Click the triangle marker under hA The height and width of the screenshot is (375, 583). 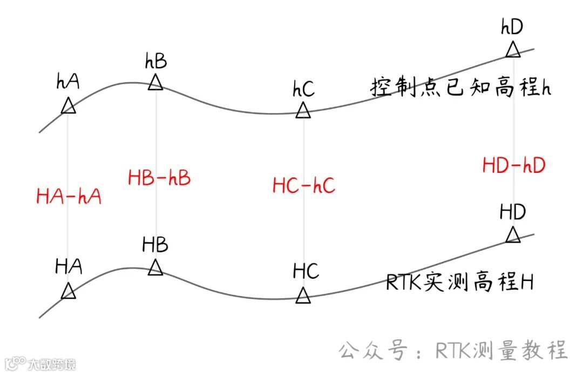point(69,106)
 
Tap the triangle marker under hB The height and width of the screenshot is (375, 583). point(155,83)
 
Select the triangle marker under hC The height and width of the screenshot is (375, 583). point(303,111)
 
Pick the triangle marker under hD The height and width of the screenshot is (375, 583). point(513,50)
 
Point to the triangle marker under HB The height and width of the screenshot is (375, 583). point(155,267)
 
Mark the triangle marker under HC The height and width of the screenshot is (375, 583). point(303,296)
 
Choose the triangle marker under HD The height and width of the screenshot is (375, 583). point(513,236)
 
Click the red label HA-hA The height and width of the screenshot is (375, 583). point(69,196)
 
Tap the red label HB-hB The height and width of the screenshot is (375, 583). point(159,178)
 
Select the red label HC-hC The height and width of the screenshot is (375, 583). point(304,186)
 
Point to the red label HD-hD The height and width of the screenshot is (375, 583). point(514,165)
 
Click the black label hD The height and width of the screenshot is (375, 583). point(512,26)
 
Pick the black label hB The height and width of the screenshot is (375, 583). point(155,61)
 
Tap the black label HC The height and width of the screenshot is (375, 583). point(306,271)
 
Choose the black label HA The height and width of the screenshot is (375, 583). point(69,266)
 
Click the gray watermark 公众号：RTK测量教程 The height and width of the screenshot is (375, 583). point(453,351)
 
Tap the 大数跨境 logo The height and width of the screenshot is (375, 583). point(39,363)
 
